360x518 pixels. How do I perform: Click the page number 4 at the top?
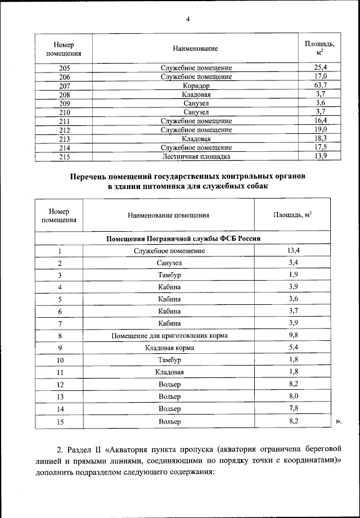(188, 20)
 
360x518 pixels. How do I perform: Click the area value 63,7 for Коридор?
(321, 85)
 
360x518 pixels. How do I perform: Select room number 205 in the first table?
(64, 67)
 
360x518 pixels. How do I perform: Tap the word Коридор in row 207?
(196, 85)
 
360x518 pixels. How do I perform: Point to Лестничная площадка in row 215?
(196, 157)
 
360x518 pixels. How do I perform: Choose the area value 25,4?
(321, 67)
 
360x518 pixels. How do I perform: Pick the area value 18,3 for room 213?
(321, 138)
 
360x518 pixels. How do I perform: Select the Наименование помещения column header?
(168, 215)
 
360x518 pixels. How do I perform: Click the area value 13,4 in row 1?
(293, 250)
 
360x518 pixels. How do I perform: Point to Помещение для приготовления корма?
(169, 336)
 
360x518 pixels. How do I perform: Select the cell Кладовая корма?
(169, 348)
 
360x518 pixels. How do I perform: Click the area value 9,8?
(293, 336)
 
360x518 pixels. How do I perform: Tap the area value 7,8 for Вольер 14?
(293, 409)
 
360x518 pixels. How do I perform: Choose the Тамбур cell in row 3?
(169, 275)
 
